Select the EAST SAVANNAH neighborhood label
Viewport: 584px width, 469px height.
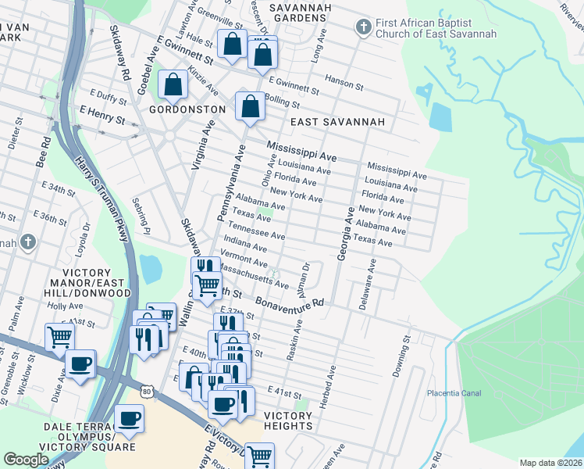point(337,123)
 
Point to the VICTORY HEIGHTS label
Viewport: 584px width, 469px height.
point(288,421)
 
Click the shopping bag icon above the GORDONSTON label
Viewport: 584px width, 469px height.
point(173,84)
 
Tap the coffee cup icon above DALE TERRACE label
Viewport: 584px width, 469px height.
point(129,417)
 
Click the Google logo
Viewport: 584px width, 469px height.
point(26,460)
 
